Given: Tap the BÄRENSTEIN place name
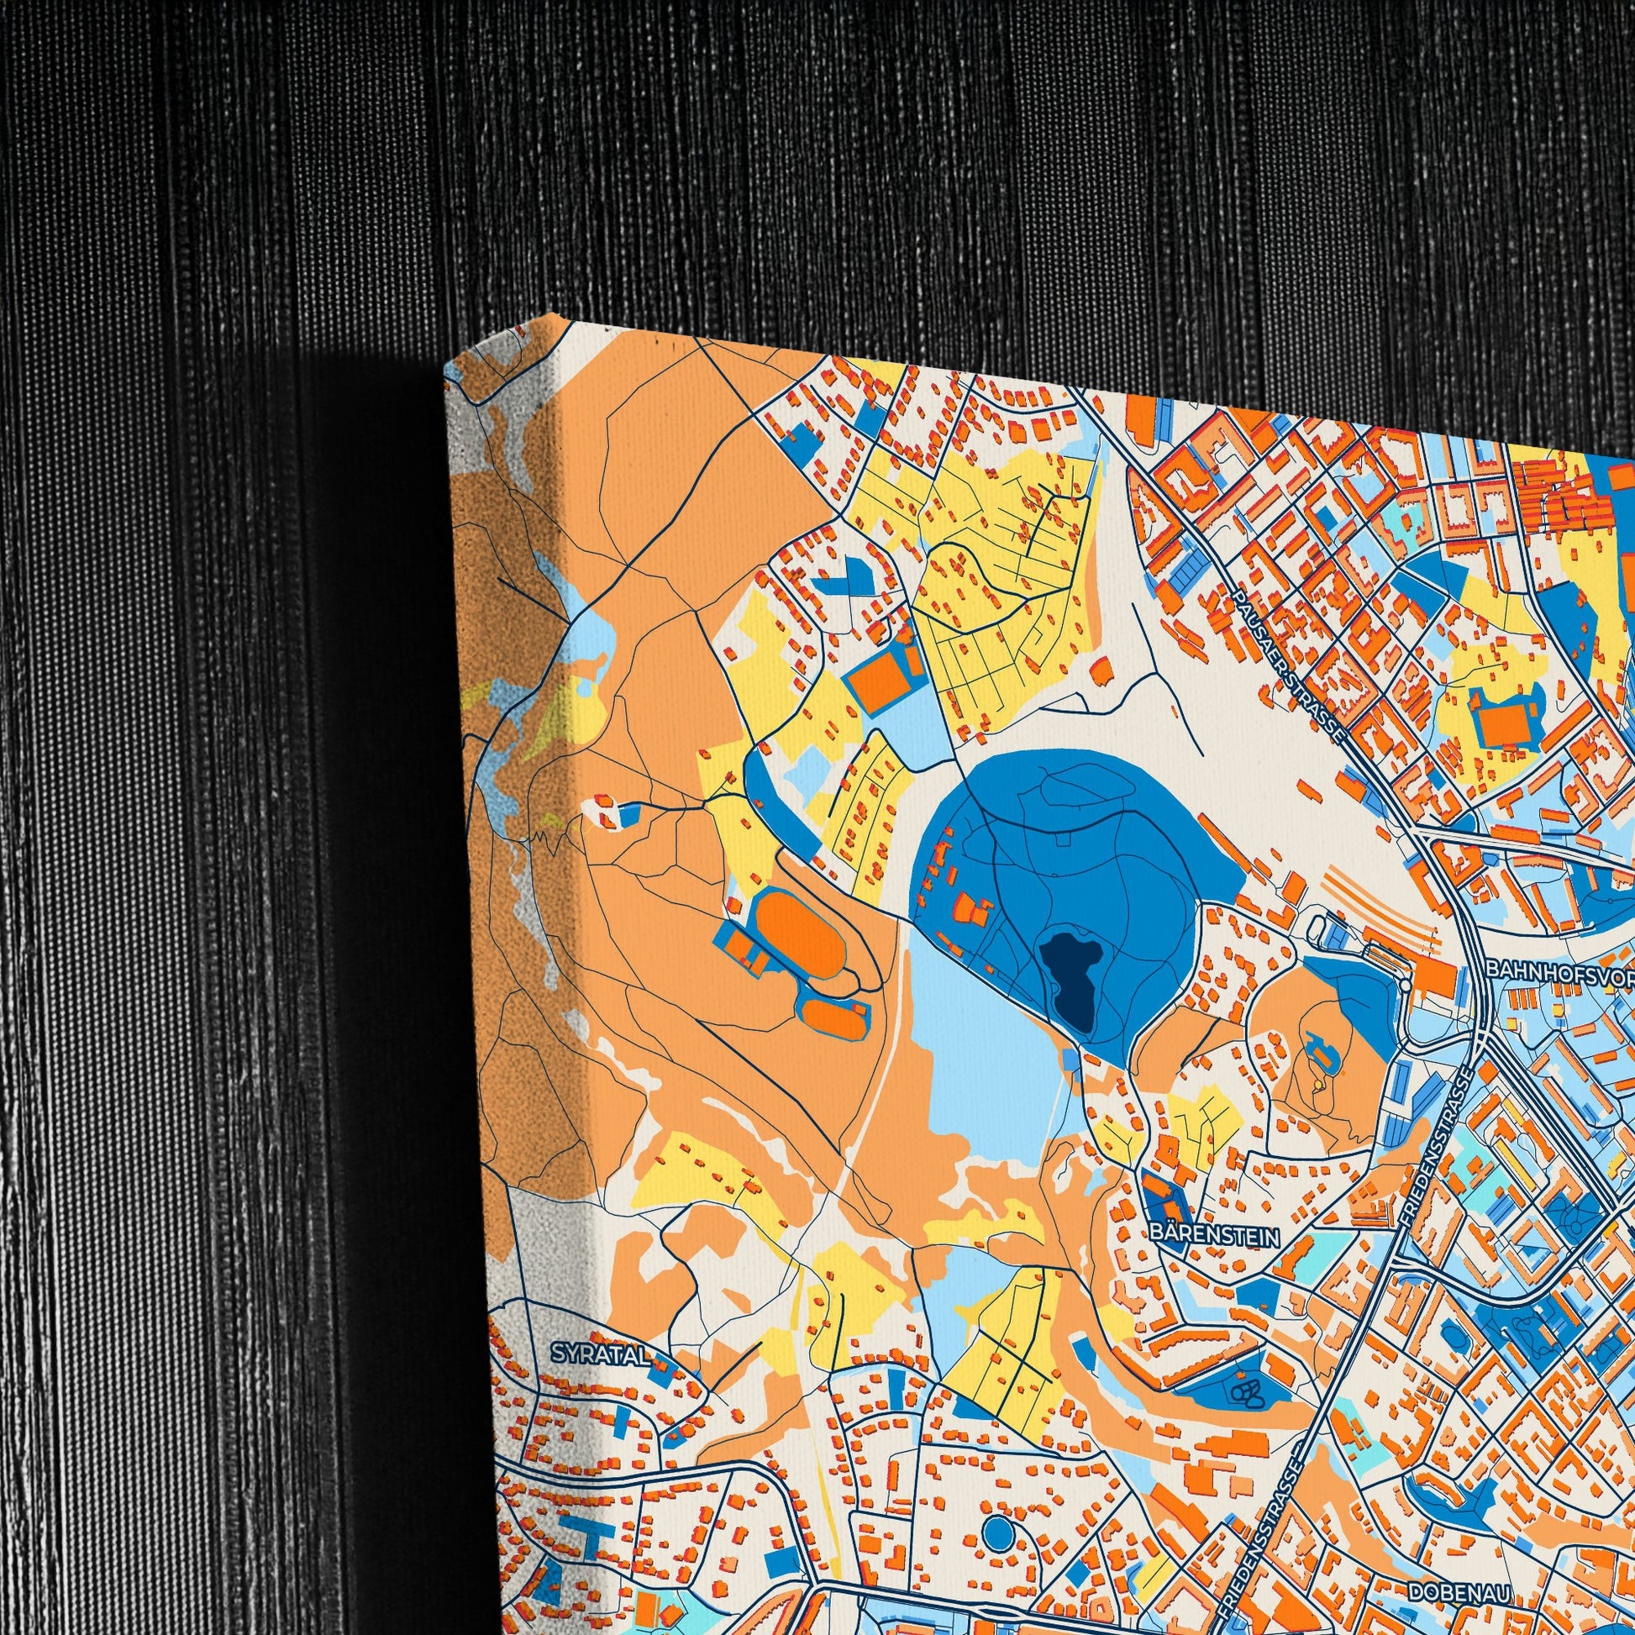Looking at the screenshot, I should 1214,1237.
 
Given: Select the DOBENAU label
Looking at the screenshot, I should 1460,1567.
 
